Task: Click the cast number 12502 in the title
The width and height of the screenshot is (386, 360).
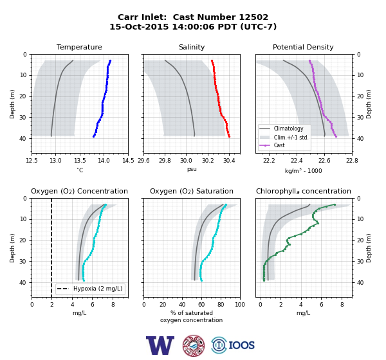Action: [253, 17]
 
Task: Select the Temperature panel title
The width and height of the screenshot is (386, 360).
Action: [79, 47]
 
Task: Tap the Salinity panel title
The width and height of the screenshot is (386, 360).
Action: [192, 47]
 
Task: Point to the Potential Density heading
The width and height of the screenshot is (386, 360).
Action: [303, 47]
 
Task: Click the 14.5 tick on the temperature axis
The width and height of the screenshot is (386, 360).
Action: [128, 161]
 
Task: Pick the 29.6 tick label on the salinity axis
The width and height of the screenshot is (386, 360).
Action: [143, 161]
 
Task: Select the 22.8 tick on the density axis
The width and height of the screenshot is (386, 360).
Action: [352, 161]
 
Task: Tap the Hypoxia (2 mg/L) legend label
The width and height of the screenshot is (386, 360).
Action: [98, 289]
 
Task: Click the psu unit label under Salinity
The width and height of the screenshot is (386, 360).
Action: [192, 169]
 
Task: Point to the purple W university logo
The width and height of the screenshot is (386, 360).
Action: [160, 345]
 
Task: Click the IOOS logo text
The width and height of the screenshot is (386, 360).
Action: [241, 345]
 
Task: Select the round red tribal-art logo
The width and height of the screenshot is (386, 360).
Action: [194, 345]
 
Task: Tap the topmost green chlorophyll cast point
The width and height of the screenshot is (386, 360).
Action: [335, 204]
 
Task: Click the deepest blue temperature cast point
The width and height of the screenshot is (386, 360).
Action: [93, 136]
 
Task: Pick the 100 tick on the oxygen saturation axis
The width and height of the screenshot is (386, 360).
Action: [240, 305]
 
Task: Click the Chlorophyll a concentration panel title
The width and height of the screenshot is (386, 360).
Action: [303, 191]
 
